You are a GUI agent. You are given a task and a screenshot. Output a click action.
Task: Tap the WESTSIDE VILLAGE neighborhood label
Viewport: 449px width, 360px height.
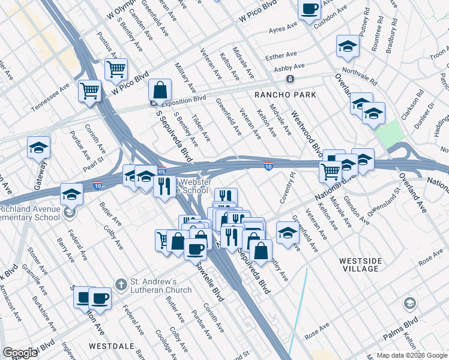[358, 265]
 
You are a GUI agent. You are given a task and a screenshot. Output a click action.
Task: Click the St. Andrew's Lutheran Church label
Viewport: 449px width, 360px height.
[161, 286]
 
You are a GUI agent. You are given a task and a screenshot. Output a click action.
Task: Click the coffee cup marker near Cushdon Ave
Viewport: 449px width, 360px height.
[310, 9]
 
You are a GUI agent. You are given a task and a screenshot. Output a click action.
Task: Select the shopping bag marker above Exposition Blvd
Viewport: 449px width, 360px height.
[161, 90]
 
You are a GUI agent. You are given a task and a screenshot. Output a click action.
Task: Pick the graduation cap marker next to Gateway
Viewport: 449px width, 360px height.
[38, 148]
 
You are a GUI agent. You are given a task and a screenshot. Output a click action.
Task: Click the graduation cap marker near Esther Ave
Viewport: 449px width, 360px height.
[348, 46]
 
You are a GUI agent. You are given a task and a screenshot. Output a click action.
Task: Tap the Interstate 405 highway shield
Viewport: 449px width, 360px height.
[161, 170]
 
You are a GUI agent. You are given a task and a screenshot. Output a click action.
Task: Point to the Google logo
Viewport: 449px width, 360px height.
[20, 353]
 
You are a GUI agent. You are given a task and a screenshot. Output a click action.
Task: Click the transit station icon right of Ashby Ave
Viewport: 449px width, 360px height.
[290, 79]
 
